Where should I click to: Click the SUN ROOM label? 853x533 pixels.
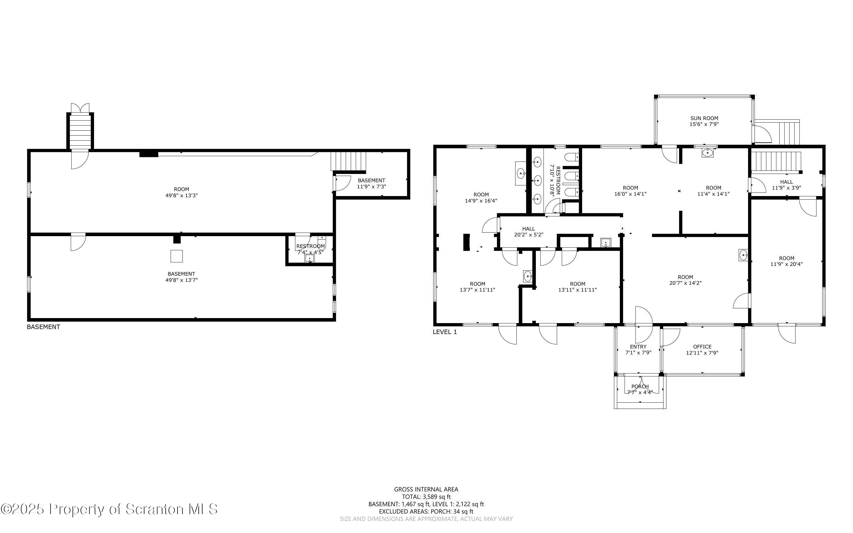pyautogui.click(x=704, y=119)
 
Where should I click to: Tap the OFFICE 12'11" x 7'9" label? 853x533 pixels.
pyautogui.click(x=702, y=349)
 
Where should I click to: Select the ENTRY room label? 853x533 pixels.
pyautogui.click(x=638, y=346)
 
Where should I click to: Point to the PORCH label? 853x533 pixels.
pyautogui.click(x=640, y=386)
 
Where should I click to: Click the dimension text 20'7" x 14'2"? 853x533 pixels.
pyautogui.click(x=685, y=283)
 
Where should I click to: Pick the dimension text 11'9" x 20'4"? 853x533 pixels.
pyautogui.click(x=786, y=264)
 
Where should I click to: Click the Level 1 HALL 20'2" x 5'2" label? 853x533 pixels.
pyautogui.click(x=528, y=232)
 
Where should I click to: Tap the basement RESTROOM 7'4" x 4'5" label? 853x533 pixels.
pyautogui.click(x=310, y=249)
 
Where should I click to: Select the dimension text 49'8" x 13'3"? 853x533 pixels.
pyautogui.click(x=182, y=195)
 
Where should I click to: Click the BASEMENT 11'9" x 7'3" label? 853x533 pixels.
pyautogui.click(x=371, y=183)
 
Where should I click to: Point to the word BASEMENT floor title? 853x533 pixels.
pyautogui.click(x=43, y=327)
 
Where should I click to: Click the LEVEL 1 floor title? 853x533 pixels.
pyautogui.click(x=445, y=332)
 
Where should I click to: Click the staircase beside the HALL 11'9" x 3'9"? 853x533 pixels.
pyautogui.click(x=777, y=162)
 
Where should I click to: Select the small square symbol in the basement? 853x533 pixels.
pyautogui.click(x=177, y=256)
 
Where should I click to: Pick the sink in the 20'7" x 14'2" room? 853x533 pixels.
pyautogui.click(x=743, y=255)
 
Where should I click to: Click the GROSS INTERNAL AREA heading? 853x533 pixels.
pyautogui.click(x=426, y=489)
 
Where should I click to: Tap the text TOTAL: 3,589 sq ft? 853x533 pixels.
pyautogui.click(x=426, y=497)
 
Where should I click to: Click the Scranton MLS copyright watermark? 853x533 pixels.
pyautogui.click(x=109, y=509)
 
